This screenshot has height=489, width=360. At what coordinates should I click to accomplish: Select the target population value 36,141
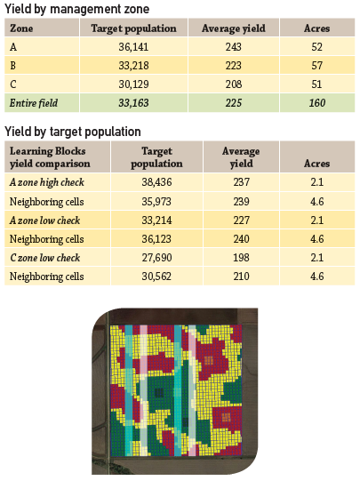click(x=134, y=47)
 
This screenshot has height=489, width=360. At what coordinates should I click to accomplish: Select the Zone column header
click(x=20, y=28)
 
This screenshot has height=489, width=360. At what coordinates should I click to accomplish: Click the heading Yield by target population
click(x=72, y=132)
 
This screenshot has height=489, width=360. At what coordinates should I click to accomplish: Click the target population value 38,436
click(x=156, y=183)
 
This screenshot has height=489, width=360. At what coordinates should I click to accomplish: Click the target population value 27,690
click(x=156, y=258)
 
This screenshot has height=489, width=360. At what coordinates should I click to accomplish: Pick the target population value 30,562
click(x=156, y=277)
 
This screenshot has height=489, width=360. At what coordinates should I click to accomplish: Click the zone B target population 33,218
click(x=134, y=67)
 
